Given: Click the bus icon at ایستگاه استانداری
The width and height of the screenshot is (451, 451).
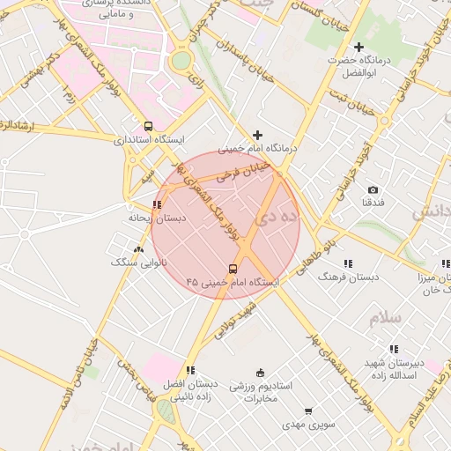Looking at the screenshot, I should click(x=148, y=126).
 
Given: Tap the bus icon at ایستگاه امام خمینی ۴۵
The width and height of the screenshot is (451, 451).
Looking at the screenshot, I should click(x=233, y=269).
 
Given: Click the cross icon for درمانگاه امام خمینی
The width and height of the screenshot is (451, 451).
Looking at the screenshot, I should click(x=257, y=135).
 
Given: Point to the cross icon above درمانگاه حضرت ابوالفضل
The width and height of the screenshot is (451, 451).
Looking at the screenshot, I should click(x=358, y=47).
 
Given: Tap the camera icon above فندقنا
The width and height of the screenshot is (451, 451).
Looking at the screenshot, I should click(x=373, y=189).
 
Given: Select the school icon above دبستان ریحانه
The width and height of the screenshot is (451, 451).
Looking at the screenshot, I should click(x=157, y=204).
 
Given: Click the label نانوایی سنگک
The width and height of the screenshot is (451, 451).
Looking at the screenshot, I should click(x=131, y=262).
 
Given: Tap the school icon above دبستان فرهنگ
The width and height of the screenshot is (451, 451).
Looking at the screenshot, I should click(x=349, y=262).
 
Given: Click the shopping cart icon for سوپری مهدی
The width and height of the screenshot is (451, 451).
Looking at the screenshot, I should click(x=307, y=411).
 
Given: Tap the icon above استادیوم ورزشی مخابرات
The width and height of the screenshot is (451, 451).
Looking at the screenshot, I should click(x=259, y=373).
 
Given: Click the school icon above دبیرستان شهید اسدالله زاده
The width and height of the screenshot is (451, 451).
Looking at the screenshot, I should click(x=394, y=350).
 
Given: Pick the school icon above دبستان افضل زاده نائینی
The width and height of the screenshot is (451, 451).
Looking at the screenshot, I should click(x=190, y=370).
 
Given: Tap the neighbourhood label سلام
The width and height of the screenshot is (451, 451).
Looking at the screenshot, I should click(x=385, y=318).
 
